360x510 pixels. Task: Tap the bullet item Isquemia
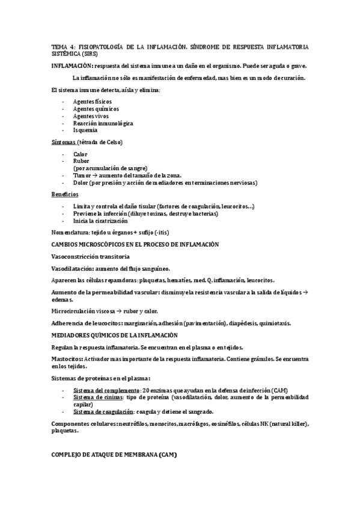(x=85, y=129)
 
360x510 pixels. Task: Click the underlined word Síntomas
(x=63, y=142)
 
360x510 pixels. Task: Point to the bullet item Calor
(x=80, y=155)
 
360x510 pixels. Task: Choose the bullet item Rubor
(x=81, y=161)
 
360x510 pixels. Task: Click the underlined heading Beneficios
(x=64, y=194)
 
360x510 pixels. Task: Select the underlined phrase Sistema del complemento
(x=103, y=390)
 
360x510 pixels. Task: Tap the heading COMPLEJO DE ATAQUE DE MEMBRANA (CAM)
(x=114, y=454)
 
